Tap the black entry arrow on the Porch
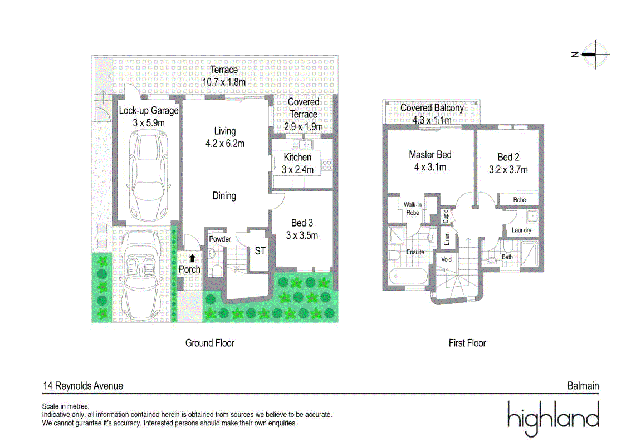(x=192, y=258)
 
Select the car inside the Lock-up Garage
(x=148, y=176)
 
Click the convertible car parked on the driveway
(x=141, y=274)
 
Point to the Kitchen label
(x=297, y=158)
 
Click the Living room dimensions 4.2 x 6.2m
(x=225, y=144)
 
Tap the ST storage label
(x=260, y=251)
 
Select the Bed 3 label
(x=302, y=223)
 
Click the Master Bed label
(x=430, y=154)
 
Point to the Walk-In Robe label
(x=413, y=208)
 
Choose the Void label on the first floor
(x=447, y=259)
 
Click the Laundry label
(x=521, y=230)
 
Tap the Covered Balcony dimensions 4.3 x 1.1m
(x=432, y=120)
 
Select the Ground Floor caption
(x=210, y=343)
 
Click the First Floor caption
(x=467, y=343)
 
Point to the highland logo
(x=553, y=418)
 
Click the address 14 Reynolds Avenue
(x=83, y=386)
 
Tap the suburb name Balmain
(x=583, y=386)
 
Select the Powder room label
(x=220, y=239)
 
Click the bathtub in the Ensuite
(x=408, y=277)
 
